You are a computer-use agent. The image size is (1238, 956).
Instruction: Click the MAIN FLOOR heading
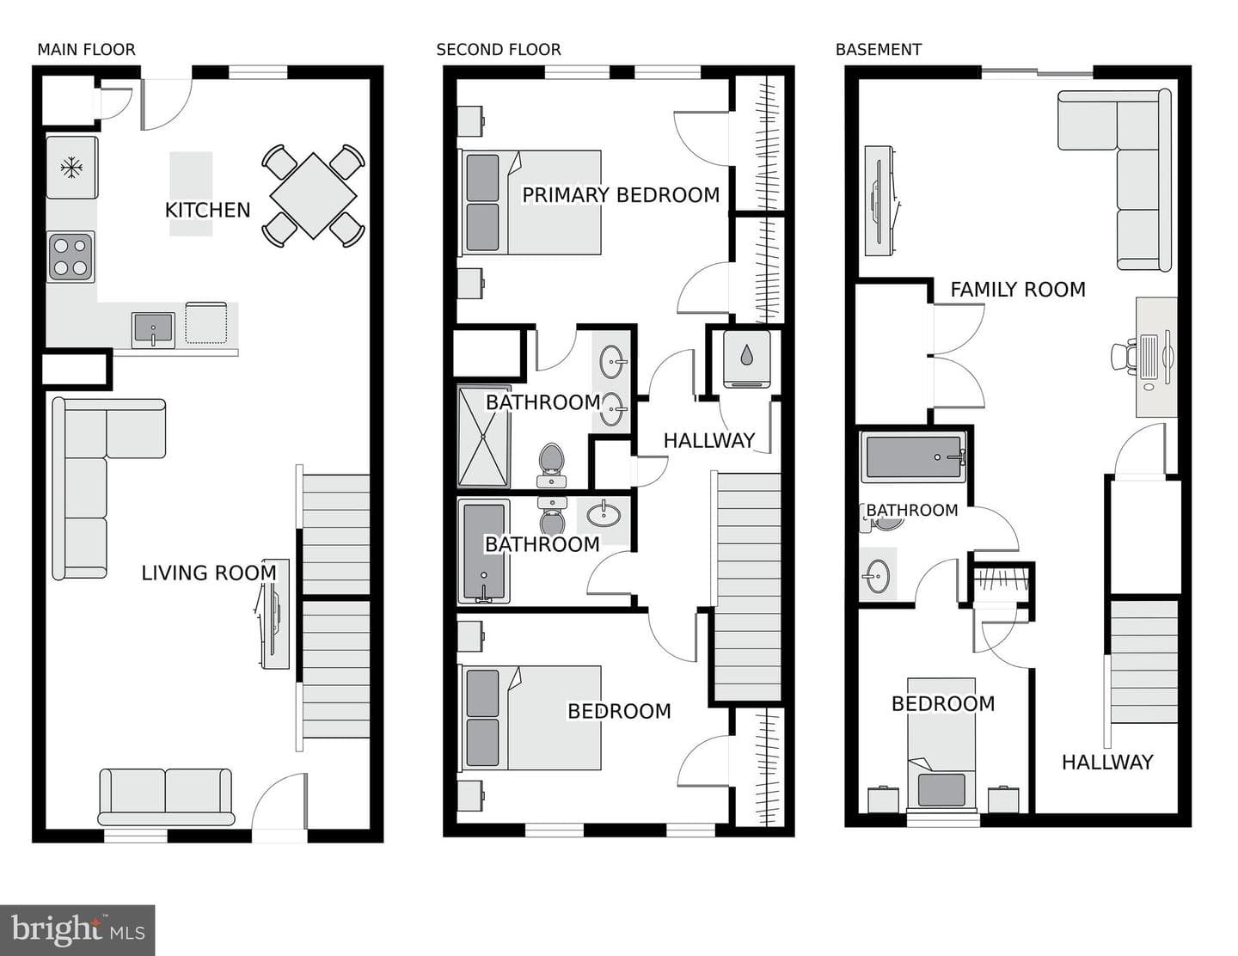tap(87, 50)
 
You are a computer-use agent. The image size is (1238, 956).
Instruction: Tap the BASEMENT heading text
tap(879, 50)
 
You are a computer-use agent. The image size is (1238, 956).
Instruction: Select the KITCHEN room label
tap(207, 211)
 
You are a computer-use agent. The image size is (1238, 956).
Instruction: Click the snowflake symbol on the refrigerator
tap(71, 168)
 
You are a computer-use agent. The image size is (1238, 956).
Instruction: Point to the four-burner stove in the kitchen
tap(71, 257)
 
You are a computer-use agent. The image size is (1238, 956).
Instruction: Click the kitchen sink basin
tap(153, 329)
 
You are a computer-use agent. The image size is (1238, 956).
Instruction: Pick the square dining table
tap(313, 195)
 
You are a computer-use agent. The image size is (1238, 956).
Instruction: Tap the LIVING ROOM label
tap(209, 573)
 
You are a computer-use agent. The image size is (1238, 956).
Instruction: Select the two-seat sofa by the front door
tap(166, 797)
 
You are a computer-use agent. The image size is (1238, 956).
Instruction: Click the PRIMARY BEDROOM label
tap(621, 195)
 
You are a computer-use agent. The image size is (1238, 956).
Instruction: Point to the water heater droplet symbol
tap(746, 356)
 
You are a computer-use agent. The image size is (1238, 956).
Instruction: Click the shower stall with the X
tap(483, 437)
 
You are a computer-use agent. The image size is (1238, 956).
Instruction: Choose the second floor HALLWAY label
tap(709, 440)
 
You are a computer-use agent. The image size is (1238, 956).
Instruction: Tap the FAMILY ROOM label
tap(1018, 290)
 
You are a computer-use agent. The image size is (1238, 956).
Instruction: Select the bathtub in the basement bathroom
tap(913, 457)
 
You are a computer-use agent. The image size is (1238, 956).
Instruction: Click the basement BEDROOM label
tap(943, 703)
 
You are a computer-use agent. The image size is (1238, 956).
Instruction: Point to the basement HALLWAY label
tap(1107, 763)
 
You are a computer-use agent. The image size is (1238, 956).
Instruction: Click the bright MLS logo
tap(77, 930)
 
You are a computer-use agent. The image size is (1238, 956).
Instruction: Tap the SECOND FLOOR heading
tap(499, 50)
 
